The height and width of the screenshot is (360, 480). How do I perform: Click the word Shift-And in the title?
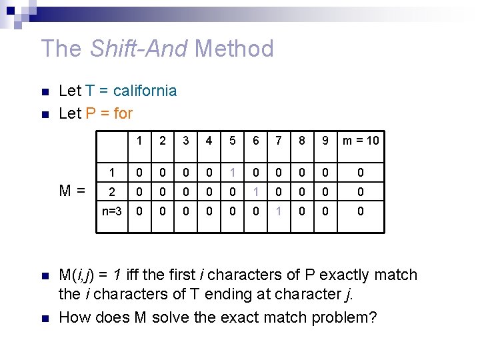coord(130,49)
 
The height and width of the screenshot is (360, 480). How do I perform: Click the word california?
coord(145,91)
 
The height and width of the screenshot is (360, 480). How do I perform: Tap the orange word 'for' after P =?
coord(123,113)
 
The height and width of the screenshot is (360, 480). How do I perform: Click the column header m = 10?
coord(361,140)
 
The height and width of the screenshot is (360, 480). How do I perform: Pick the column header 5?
coord(233,140)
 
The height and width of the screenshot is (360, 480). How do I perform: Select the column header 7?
coord(279,140)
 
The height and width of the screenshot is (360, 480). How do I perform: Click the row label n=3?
coord(111,211)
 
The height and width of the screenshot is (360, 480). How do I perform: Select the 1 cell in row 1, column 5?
coord(233,173)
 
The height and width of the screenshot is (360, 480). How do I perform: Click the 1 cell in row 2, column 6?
coord(256,192)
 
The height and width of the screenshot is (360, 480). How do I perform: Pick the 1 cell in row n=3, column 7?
coord(279,211)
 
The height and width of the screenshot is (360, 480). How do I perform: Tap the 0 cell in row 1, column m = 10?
coord(361,173)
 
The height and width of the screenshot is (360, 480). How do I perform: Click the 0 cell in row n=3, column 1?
coord(139,211)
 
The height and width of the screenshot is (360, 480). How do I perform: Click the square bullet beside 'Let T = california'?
coord(44,91)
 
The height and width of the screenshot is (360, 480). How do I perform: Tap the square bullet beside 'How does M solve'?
coord(44,318)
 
